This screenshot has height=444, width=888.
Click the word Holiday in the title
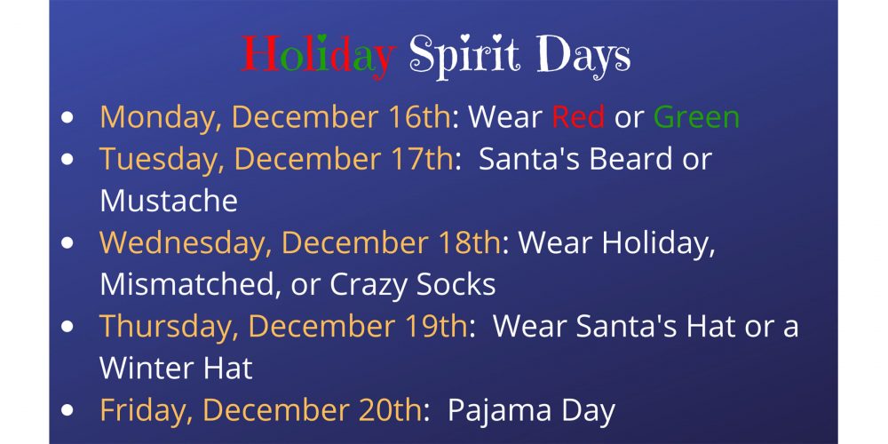coord(318,55)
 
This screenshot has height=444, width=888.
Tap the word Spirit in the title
coord(464,55)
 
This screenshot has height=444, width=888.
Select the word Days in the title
coord(583,55)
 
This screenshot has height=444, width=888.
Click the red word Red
coord(578,116)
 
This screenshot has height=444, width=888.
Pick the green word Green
coord(696,116)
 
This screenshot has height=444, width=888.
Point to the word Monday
coord(161,118)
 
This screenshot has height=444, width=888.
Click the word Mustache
coord(169,201)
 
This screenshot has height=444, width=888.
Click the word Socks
coord(456,284)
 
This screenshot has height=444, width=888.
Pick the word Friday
coord(147,411)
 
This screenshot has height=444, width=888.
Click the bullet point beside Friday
coord(67,410)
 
